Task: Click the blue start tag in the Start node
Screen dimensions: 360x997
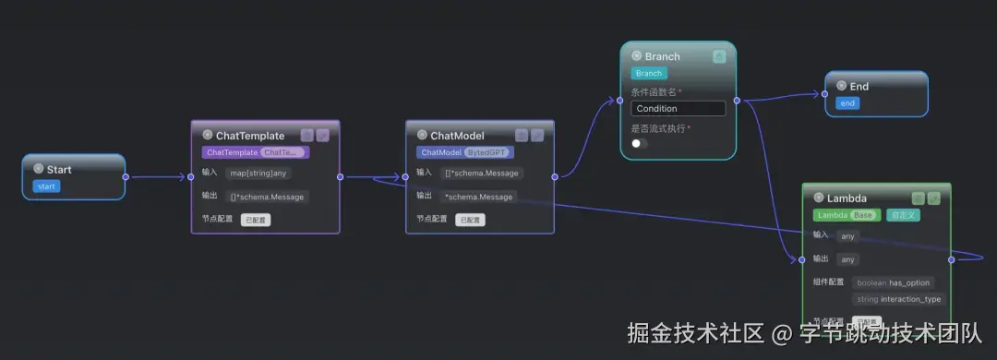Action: tap(46, 186)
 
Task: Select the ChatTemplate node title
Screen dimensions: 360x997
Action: tap(250, 136)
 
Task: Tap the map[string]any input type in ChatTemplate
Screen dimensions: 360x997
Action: tap(258, 173)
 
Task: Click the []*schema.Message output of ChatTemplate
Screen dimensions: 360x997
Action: tap(268, 197)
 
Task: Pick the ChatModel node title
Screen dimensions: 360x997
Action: tap(457, 136)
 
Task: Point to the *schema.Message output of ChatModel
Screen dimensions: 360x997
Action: tap(478, 196)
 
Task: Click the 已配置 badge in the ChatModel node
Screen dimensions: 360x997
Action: tap(470, 220)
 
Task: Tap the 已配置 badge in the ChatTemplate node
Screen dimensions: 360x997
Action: tap(256, 220)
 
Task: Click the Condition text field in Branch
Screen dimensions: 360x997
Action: tap(679, 109)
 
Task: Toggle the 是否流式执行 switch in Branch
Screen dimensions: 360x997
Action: tap(639, 144)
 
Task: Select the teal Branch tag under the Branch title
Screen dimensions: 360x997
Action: tap(649, 73)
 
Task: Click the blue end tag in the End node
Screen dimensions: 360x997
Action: tap(847, 103)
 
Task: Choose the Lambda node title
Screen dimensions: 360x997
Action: tap(847, 198)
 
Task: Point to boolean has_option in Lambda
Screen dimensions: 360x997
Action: tap(894, 282)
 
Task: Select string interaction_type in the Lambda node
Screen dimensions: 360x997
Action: tap(899, 299)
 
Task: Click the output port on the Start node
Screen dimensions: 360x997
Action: tap(126, 176)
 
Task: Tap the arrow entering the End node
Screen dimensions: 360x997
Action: tap(818, 94)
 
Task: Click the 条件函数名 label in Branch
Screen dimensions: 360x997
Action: tap(655, 91)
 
